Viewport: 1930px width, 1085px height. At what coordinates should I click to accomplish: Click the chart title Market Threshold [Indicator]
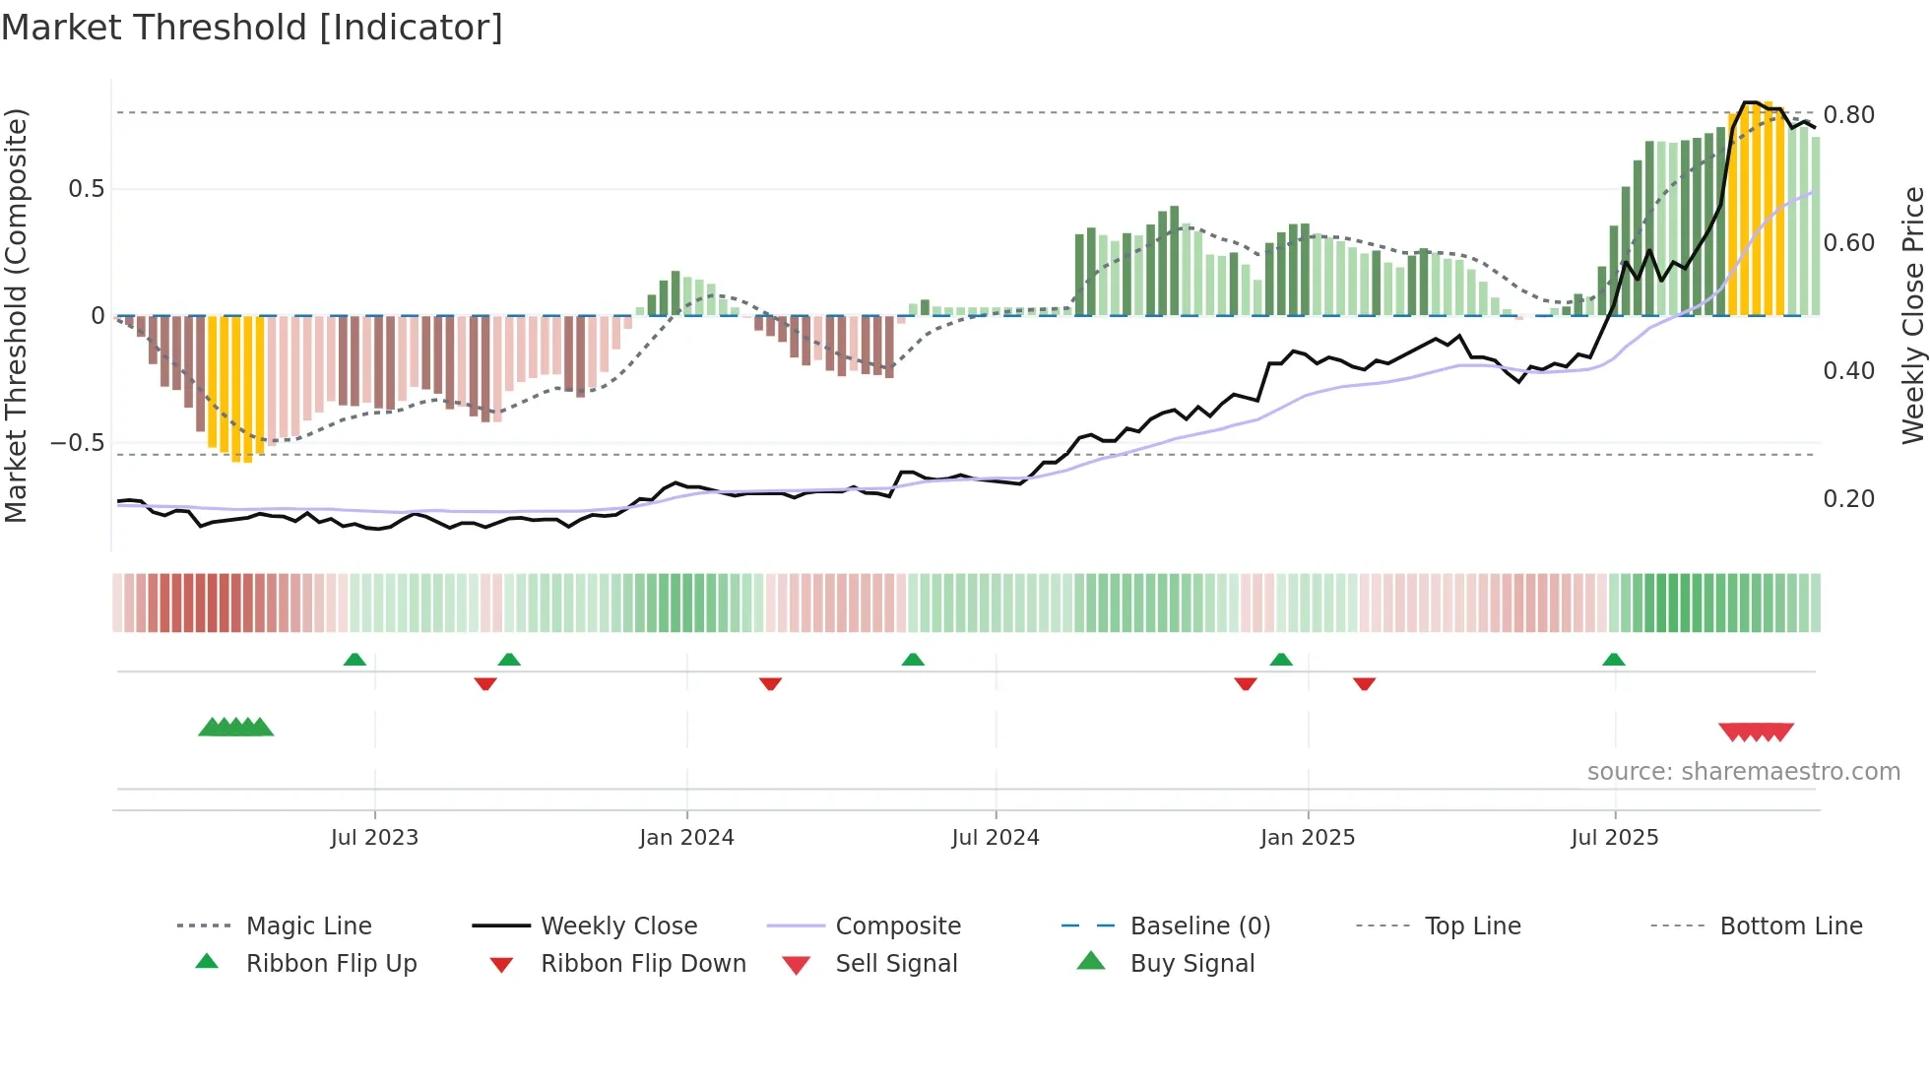252,28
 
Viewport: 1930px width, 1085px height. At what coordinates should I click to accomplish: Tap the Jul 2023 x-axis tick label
374,838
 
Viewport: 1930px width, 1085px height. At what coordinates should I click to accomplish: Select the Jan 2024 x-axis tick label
686,838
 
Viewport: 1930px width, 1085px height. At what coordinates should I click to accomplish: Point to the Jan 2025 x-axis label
1308,838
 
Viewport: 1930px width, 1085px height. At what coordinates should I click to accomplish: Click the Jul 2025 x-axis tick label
1615,838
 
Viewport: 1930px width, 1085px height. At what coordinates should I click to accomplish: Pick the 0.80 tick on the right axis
1848,115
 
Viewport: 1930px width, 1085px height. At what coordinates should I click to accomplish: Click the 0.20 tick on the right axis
1848,499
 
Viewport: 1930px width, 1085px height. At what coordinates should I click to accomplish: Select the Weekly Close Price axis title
1912,315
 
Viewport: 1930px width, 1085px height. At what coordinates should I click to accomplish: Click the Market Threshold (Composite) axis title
16,315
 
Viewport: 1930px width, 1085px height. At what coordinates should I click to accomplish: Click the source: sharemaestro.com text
1743,772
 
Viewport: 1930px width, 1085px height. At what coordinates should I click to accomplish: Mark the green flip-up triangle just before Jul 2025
1613,660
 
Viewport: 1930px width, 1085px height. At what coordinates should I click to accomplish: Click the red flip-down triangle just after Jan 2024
770,683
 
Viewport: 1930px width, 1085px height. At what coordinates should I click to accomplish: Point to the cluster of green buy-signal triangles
236,728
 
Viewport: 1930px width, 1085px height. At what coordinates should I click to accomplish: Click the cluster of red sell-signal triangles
1756,732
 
